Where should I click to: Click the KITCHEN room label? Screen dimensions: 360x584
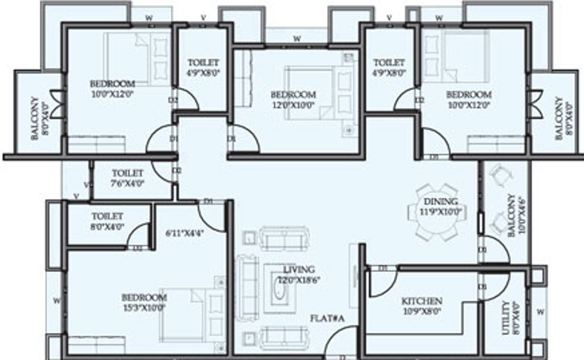tap(421, 301)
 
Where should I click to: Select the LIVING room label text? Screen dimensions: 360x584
tap(299, 269)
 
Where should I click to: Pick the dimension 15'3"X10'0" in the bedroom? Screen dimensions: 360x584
tap(145, 307)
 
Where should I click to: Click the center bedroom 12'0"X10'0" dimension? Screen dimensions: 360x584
tap(292, 104)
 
